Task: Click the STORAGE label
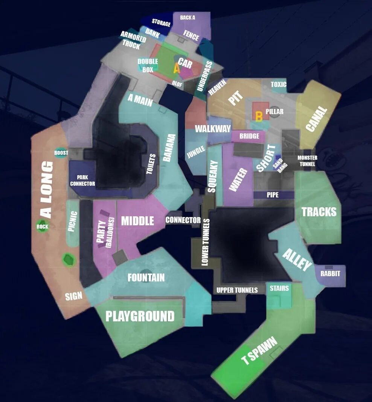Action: pyautogui.click(x=161, y=23)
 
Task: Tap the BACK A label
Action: pyautogui.click(x=188, y=18)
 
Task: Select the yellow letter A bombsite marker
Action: pyautogui.click(x=176, y=69)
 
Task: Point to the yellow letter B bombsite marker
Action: pyautogui.click(x=259, y=116)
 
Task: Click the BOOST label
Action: pyautogui.click(x=61, y=153)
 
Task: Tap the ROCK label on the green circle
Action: pyautogui.click(x=43, y=226)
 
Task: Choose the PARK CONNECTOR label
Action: pyautogui.click(x=82, y=180)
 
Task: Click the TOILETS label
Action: pyautogui.click(x=151, y=164)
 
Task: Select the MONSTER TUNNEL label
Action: pyautogui.click(x=307, y=161)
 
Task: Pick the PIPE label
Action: pyautogui.click(x=273, y=195)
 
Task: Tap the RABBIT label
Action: pyautogui.click(x=330, y=274)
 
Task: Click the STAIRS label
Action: pyautogui.click(x=279, y=288)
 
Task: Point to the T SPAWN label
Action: pyautogui.click(x=259, y=351)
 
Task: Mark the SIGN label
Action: pyautogui.click(x=74, y=296)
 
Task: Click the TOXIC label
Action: pyautogui.click(x=279, y=84)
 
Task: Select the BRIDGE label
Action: pyautogui.click(x=249, y=136)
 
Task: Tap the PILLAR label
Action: pyautogui.click(x=274, y=112)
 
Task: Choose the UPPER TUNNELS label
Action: pyautogui.click(x=237, y=290)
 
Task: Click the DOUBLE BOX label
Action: pyautogui.click(x=148, y=66)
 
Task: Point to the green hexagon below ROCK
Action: pyautogui.click(x=68, y=259)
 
